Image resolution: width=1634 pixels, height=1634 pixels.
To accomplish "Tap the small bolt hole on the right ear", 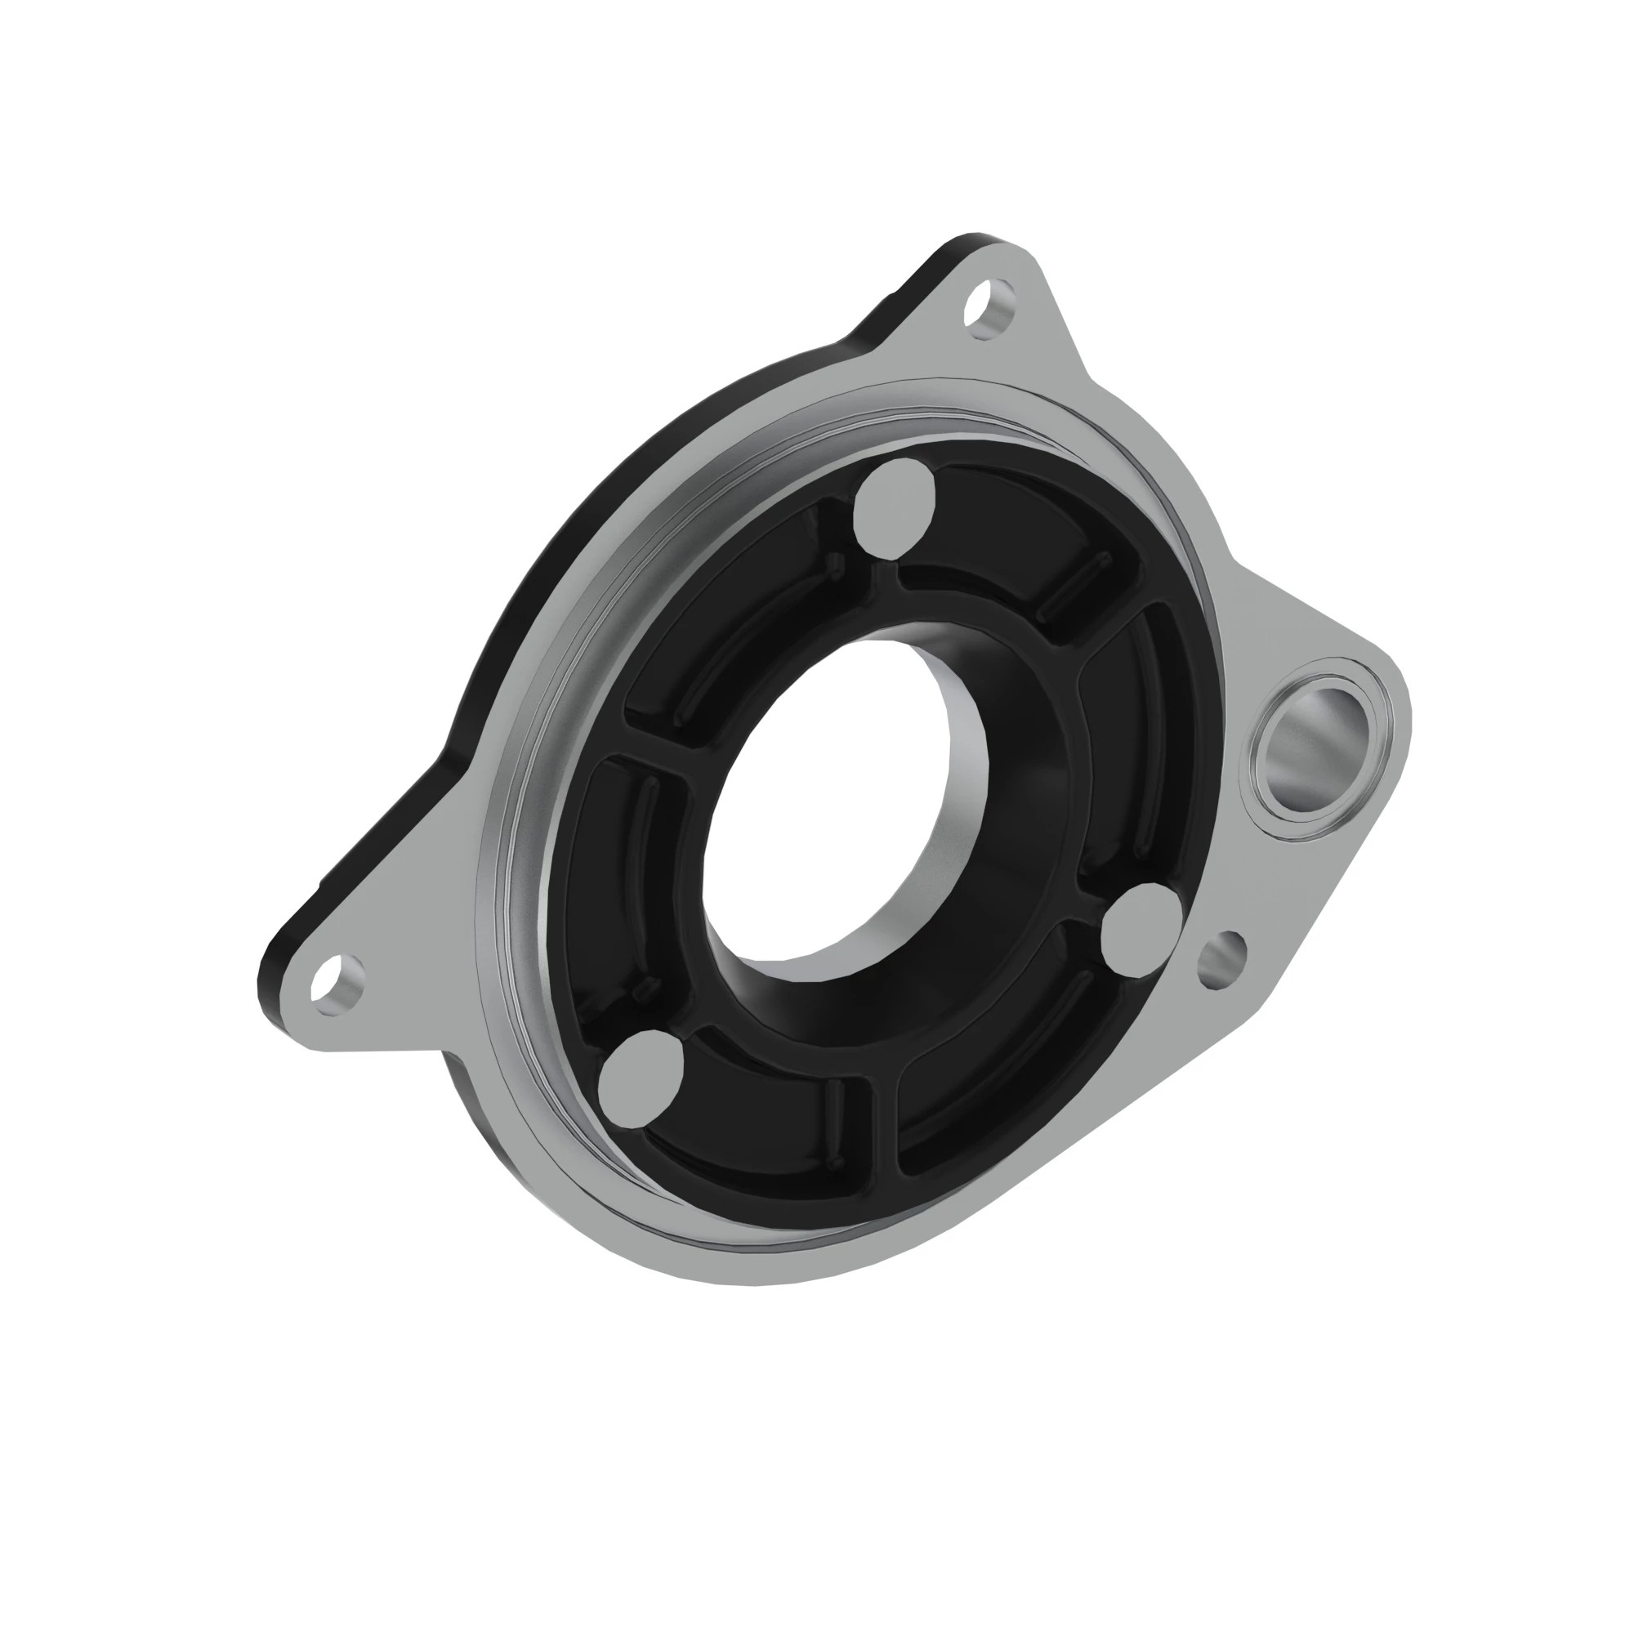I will click(x=1222, y=958).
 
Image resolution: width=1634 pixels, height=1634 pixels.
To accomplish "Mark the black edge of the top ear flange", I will click(x=913, y=288).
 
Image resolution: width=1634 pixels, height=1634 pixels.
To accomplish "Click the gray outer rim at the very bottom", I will click(x=736, y=1269).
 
